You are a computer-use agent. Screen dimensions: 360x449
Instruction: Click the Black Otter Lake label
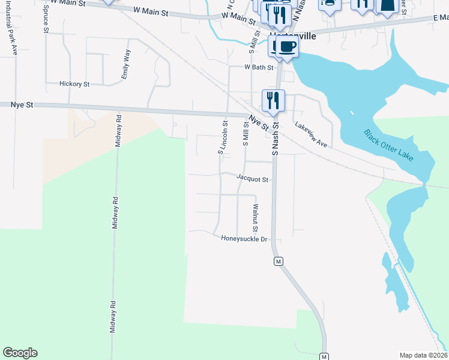388,145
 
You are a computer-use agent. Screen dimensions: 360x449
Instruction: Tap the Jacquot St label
252,178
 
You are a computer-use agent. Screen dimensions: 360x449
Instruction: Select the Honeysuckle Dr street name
244,239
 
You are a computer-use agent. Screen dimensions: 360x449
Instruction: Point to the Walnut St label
255,218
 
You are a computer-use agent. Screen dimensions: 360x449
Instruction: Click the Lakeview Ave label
310,135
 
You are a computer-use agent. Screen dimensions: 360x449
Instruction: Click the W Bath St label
259,68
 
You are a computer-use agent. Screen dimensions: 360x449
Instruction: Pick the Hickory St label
74,85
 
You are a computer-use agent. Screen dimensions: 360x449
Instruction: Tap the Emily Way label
126,65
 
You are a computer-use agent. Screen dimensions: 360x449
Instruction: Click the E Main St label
440,19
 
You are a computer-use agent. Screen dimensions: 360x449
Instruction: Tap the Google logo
20,353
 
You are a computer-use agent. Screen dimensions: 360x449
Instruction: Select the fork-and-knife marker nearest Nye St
273,100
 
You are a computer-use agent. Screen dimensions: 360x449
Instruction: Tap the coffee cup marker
287,47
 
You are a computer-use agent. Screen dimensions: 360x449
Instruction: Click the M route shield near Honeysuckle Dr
278,262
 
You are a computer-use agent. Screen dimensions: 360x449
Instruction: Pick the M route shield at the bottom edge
324,356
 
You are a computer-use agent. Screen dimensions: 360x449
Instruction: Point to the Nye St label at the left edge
22,104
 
